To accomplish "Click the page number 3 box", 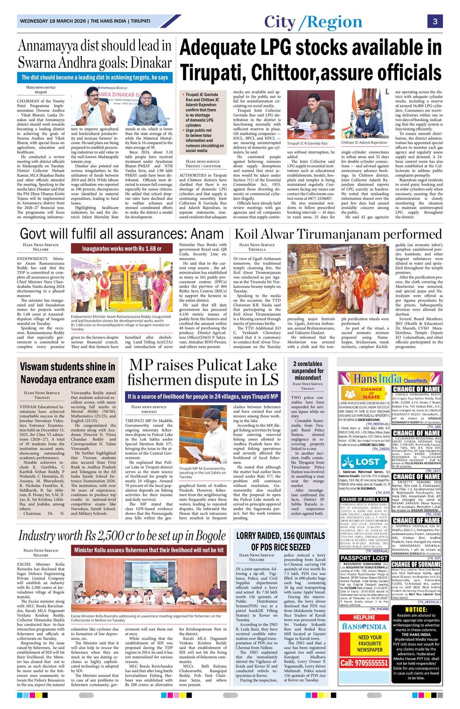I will click(435, 21).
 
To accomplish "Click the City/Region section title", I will click(313, 22).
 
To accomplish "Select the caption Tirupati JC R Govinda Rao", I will click(307, 143).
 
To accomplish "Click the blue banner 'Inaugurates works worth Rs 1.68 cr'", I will click(122, 249).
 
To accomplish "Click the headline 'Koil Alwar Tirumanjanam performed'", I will click(338, 234).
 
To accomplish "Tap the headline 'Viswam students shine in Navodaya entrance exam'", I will click(67, 373).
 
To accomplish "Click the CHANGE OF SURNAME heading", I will click(416, 564).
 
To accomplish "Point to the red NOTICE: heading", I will click(416, 610).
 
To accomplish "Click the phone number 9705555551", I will click(364, 663).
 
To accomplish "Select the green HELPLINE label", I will click(364, 617).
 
